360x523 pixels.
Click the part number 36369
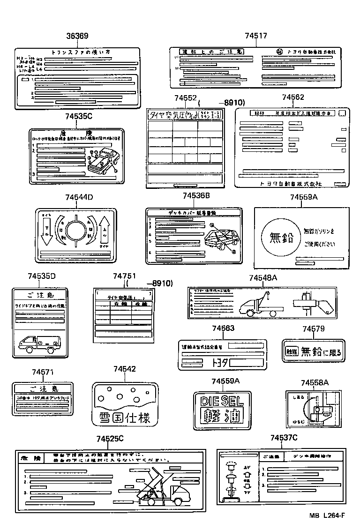coord(77,36)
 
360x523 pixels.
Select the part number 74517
coord(256,36)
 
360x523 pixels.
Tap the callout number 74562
coord(293,97)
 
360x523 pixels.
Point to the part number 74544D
coord(79,198)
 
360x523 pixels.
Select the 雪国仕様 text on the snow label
coord(125,417)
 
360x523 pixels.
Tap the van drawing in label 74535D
coord(39,345)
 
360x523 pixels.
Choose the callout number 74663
coord(223,329)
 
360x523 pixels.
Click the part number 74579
coord(313,329)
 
